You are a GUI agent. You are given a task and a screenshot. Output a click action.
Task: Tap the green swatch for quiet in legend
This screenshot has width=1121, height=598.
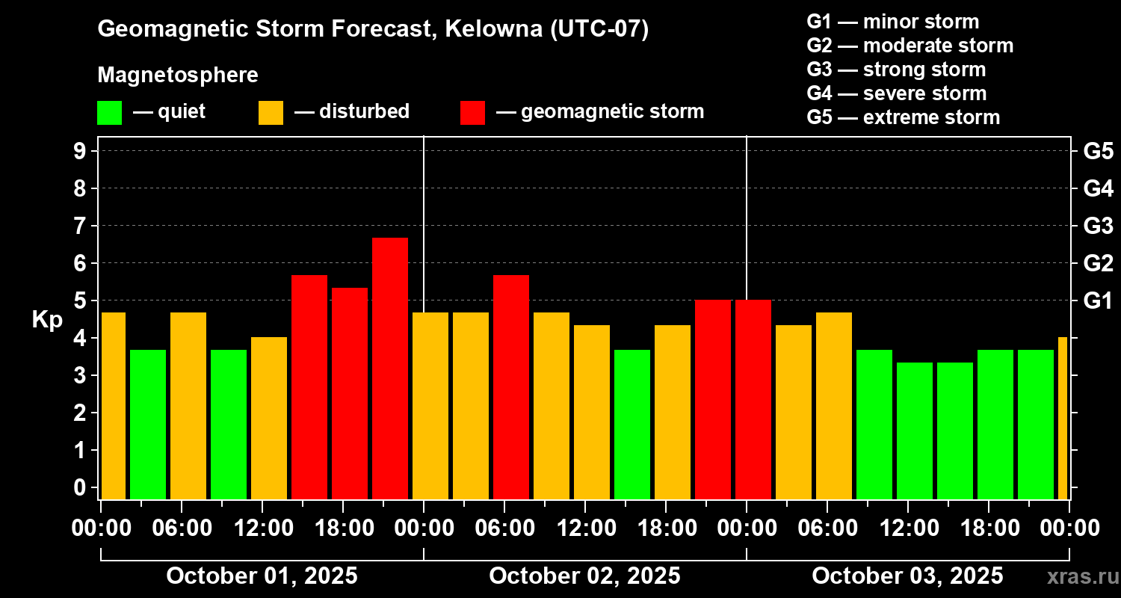[109, 112]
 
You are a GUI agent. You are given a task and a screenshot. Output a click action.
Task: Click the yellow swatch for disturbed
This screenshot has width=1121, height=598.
[271, 112]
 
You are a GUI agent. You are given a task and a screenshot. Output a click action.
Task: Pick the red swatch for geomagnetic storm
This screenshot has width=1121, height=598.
[472, 112]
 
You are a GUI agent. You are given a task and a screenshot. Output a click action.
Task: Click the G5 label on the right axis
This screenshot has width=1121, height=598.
[1098, 151]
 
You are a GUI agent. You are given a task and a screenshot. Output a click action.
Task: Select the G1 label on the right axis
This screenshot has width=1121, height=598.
[1098, 300]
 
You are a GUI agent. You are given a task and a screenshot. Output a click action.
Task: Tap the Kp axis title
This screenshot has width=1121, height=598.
[47, 320]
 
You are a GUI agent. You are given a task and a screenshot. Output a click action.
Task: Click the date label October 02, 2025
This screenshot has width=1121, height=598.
[584, 576]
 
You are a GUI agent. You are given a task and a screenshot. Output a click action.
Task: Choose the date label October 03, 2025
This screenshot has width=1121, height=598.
[907, 576]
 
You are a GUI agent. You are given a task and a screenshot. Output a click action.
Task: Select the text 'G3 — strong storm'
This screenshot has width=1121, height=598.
[896, 70]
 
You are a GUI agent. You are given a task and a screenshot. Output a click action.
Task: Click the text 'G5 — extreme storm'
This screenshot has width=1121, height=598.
[903, 117]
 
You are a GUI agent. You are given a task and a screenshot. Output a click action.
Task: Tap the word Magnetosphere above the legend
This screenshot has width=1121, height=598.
[178, 75]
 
